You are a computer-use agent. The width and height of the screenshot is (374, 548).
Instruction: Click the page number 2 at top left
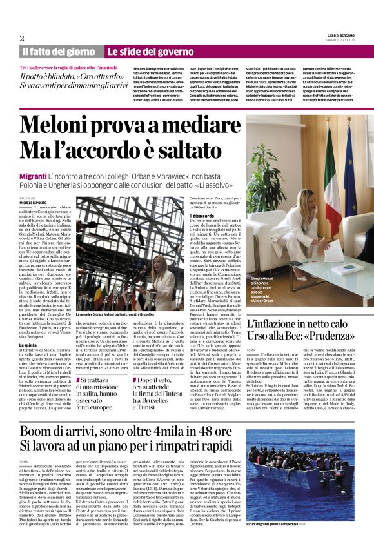(x=21, y=38)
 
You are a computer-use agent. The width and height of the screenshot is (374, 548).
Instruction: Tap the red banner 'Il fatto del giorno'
(x=59, y=51)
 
